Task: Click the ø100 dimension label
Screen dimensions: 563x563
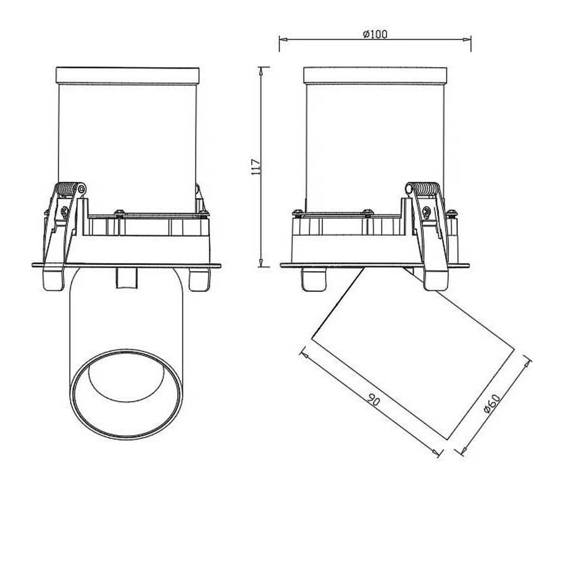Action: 375,35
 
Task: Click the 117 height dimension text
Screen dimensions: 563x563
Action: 256,167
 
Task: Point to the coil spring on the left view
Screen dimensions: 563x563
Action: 68,188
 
